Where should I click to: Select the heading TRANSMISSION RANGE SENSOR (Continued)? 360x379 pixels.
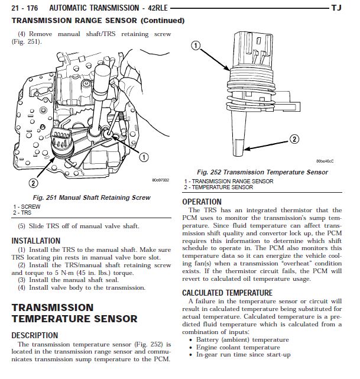98,21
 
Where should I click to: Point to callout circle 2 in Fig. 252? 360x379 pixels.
293,140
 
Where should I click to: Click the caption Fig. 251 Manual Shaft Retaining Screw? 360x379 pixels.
90,197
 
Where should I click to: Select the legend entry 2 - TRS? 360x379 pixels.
22,212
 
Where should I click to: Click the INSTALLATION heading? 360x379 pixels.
36,241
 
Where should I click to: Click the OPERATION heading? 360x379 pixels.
206,202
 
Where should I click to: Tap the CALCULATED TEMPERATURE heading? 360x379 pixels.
227,293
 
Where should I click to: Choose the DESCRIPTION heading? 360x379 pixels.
35,335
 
